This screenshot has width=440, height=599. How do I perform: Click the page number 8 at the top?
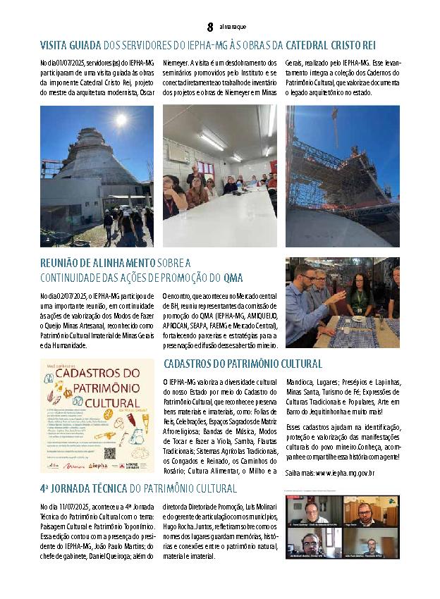[210, 27]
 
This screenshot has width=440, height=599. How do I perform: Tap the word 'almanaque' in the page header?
[233, 27]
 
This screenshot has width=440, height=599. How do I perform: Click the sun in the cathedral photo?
[121, 120]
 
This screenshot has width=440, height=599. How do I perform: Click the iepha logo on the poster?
[99, 465]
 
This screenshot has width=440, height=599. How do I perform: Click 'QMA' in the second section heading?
[234, 278]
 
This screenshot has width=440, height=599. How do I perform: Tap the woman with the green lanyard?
[357, 297]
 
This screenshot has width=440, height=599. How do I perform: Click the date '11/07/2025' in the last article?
[73, 506]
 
